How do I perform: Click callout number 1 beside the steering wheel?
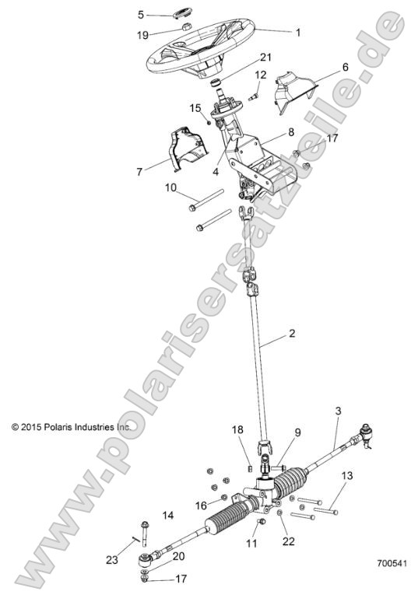pyautogui.click(x=297, y=33)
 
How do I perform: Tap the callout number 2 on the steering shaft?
pyautogui.click(x=292, y=334)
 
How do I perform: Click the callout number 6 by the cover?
pyautogui.click(x=344, y=68)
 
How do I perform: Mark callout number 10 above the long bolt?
pyautogui.click(x=170, y=187)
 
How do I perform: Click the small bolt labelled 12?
pyautogui.click(x=255, y=96)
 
